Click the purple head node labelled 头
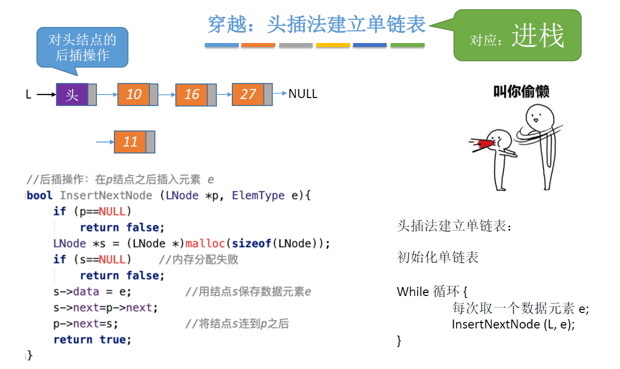(x=72, y=94)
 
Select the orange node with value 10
(x=133, y=94)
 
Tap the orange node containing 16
(x=191, y=94)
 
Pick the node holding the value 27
(x=248, y=94)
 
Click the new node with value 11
(x=130, y=142)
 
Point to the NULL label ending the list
(x=303, y=94)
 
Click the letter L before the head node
(x=28, y=94)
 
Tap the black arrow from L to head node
(x=46, y=94)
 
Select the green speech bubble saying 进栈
(x=517, y=36)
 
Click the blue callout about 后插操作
(x=82, y=47)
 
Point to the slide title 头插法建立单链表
(x=317, y=24)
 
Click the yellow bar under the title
(x=333, y=45)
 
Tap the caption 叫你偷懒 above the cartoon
(x=521, y=91)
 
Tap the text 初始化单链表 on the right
(x=438, y=257)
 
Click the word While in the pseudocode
(x=413, y=291)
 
